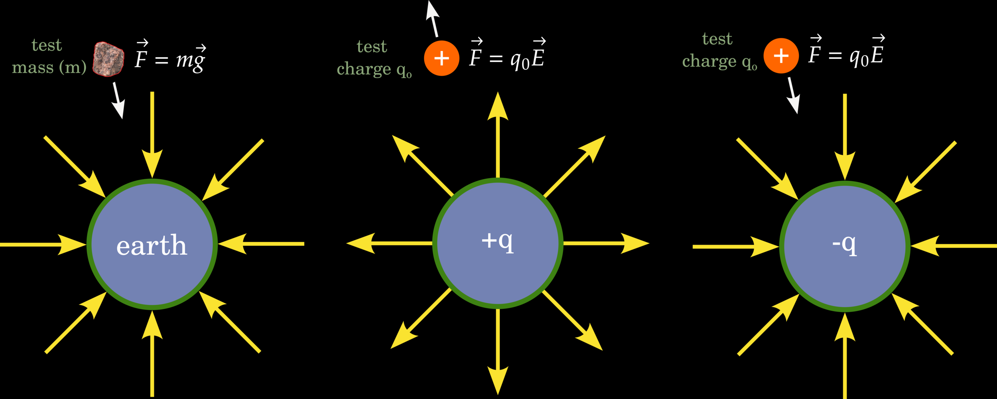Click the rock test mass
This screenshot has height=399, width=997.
point(108,59)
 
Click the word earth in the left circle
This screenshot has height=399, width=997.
point(152,245)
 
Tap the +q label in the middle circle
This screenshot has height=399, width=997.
point(497,241)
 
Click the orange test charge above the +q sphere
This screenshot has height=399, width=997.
point(441,58)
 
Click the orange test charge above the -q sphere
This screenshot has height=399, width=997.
point(781,56)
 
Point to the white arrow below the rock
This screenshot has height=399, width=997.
point(118,101)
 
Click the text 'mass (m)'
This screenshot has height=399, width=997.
point(49,67)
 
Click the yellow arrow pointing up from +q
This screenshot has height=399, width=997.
point(498,136)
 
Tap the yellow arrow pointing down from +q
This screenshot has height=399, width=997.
point(498,351)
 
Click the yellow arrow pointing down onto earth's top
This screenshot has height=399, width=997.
point(152,136)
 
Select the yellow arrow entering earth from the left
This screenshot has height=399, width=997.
point(43,244)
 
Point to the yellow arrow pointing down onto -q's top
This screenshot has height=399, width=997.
point(845,138)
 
